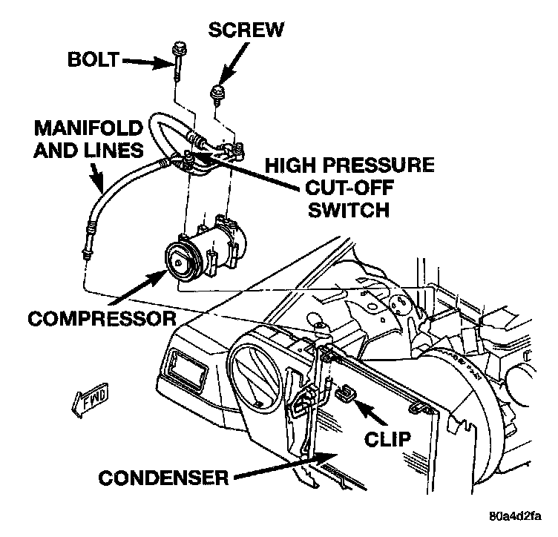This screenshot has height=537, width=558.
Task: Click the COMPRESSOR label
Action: [x=102, y=320]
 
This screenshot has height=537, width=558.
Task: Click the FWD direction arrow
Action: [x=89, y=401]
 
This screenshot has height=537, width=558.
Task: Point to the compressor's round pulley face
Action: [x=180, y=263]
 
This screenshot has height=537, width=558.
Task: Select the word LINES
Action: [x=110, y=151]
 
